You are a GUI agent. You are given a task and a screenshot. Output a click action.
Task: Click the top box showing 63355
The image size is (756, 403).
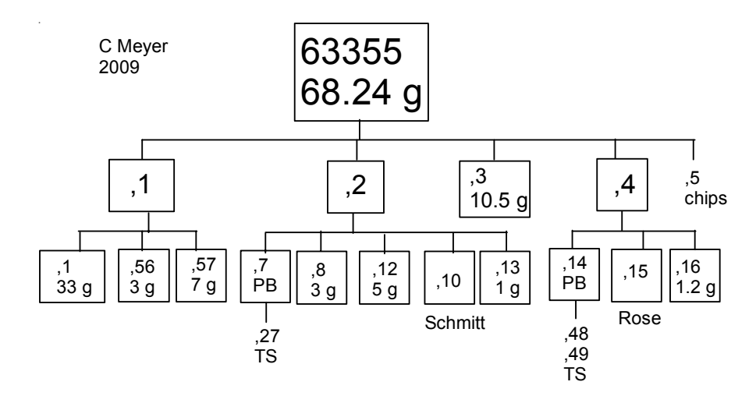[360, 72]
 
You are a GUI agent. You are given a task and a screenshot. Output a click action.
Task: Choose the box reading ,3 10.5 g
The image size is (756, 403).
[495, 189]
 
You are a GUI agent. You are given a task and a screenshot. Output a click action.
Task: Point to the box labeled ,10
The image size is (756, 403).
[447, 274]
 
